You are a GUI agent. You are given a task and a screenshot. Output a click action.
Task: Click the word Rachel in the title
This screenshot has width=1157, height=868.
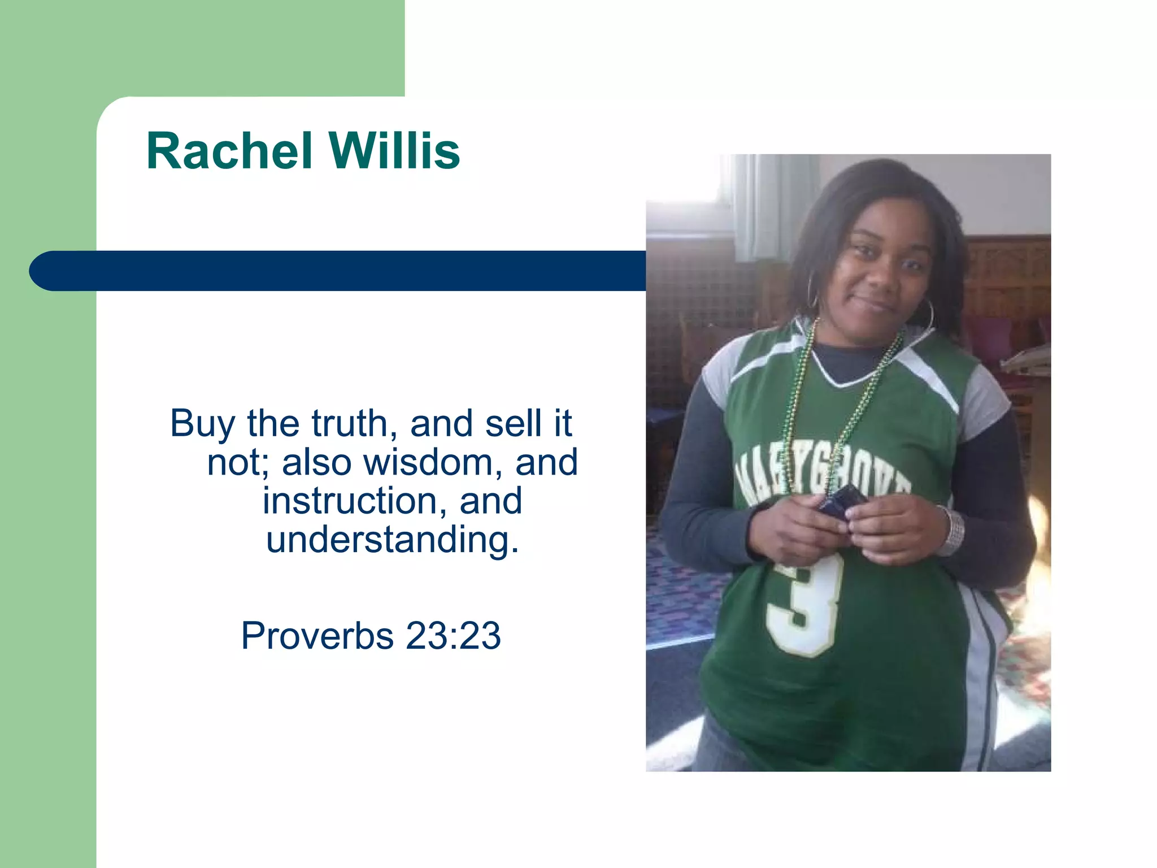pyautogui.click(x=229, y=151)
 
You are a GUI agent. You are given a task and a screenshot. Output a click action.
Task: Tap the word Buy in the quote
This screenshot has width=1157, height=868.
pyautogui.click(x=203, y=424)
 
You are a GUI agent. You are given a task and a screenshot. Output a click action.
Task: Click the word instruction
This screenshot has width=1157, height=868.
pyautogui.click(x=356, y=501)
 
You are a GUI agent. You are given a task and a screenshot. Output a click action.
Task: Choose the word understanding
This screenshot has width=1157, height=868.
pyautogui.click(x=392, y=540)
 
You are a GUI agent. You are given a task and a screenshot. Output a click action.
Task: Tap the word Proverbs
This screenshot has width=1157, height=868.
pyautogui.click(x=317, y=636)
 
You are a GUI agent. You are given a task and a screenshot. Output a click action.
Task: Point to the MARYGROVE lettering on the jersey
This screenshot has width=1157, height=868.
pyautogui.click(x=822, y=472)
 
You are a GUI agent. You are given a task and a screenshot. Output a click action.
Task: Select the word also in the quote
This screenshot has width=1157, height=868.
pyautogui.click(x=316, y=462)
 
